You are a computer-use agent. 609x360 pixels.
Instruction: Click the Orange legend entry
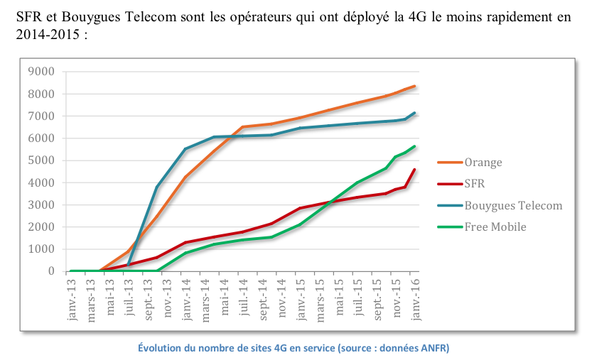point(483,163)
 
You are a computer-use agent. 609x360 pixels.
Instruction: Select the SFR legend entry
point(476,184)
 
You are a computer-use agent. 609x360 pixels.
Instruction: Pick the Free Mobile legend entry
point(495,227)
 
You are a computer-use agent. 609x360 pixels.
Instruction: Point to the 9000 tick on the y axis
point(41,72)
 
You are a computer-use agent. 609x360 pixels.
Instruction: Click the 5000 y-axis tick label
point(41,160)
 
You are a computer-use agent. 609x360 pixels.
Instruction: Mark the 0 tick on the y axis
point(50,271)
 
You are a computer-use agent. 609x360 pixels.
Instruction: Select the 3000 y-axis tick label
point(41,205)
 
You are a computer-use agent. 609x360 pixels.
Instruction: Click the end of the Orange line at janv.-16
point(415,86)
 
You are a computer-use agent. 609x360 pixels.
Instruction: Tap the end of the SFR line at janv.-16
point(415,170)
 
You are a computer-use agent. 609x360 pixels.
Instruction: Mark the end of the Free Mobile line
point(415,146)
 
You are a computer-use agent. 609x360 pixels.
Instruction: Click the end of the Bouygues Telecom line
point(415,113)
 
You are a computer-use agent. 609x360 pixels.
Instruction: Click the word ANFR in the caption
point(433,348)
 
